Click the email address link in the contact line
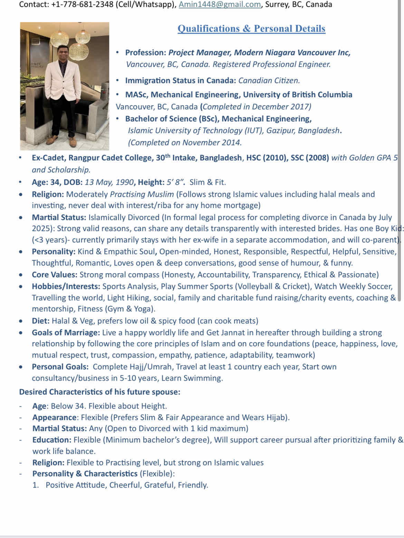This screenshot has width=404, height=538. pyautogui.click(x=220, y=5)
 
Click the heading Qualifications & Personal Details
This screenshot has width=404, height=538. pyautogui.click(x=251, y=29)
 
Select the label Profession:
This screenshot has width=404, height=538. pyautogui.click(x=146, y=53)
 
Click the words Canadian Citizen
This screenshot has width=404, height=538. pyautogui.click(x=269, y=81)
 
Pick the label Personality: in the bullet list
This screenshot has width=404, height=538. pyautogui.click(x=54, y=252)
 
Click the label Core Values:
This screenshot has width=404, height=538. pyautogui.click(x=55, y=275)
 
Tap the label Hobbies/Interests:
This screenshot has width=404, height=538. pyautogui.click(x=66, y=287)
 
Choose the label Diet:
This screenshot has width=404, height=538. pyautogui.click(x=41, y=321)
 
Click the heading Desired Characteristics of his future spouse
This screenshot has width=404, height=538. pyautogui.click(x=100, y=392)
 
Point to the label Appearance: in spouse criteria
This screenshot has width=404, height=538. pyautogui.click(x=55, y=418)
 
